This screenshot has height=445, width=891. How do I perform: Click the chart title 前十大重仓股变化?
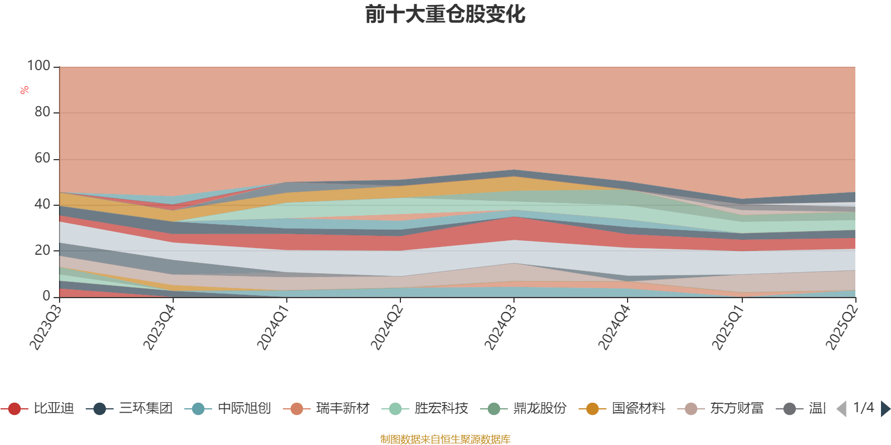point(445,14)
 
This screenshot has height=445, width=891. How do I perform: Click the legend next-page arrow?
point(885,409)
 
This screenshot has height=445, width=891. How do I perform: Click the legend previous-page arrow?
point(841,409)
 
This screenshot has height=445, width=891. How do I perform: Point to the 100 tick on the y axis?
point(39,66)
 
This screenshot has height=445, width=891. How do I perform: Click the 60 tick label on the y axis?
point(42,159)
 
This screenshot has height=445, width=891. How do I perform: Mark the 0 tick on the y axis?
point(46,296)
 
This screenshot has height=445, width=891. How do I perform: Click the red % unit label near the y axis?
point(24,90)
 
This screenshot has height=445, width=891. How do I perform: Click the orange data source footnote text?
point(445,439)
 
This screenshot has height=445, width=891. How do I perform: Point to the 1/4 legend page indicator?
point(864,408)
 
